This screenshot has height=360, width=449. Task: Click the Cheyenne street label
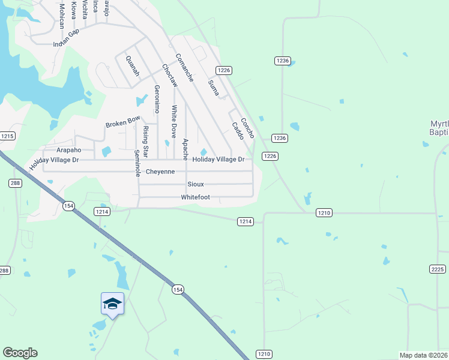pyautogui.click(x=160, y=172)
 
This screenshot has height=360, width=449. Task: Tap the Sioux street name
pyautogui.click(x=196, y=184)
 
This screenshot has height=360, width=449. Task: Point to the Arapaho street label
pyautogui.click(x=68, y=149)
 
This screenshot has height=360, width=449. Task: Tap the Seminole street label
pyautogui.click(x=137, y=163)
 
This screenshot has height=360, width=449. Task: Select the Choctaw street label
pyautogui.click(x=169, y=76)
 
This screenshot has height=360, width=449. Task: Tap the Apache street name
pyautogui.click(x=185, y=149)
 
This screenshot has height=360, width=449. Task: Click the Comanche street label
pyautogui.click(x=184, y=68)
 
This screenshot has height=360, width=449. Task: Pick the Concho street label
pyautogui.click(x=247, y=127)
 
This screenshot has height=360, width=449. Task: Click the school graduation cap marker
pyautogui.click(x=112, y=304)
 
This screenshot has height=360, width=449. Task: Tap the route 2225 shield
pyautogui.click(x=438, y=269)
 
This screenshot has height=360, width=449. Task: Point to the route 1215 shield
pyautogui.click(x=7, y=137)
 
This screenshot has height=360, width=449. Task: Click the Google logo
pyautogui.click(x=20, y=353)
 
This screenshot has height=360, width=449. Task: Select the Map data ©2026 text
pyautogui.click(x=423, y=355)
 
